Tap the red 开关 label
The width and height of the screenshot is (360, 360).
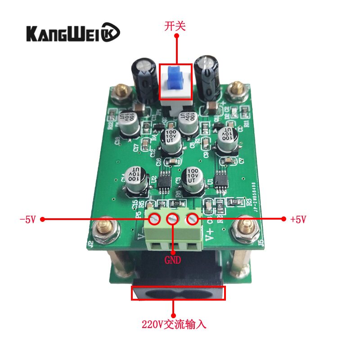pos(175,27)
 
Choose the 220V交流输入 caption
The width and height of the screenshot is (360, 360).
pos(174,324)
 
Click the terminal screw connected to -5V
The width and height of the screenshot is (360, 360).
pos(154,219)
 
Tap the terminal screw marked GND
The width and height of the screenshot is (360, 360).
pos(173,220)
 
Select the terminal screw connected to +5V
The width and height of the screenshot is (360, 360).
pos(193,219)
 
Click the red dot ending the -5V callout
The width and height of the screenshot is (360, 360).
pos(43,220)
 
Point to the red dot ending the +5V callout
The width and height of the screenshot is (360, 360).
pos(284,219)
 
